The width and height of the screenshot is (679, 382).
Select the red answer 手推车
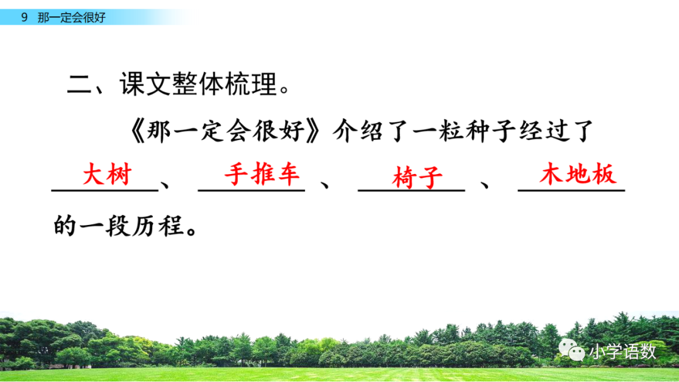tap(262, 174)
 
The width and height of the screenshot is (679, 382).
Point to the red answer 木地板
tap(577, 175)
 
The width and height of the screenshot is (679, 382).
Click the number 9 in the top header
tap(24, 18)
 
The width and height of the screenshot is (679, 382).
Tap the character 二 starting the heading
tap(80, 84)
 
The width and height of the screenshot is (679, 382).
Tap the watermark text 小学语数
tap(622, 351)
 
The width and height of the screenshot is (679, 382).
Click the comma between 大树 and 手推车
tap(166, 185)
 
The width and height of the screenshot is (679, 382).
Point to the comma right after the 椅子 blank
tap(485, 185)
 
